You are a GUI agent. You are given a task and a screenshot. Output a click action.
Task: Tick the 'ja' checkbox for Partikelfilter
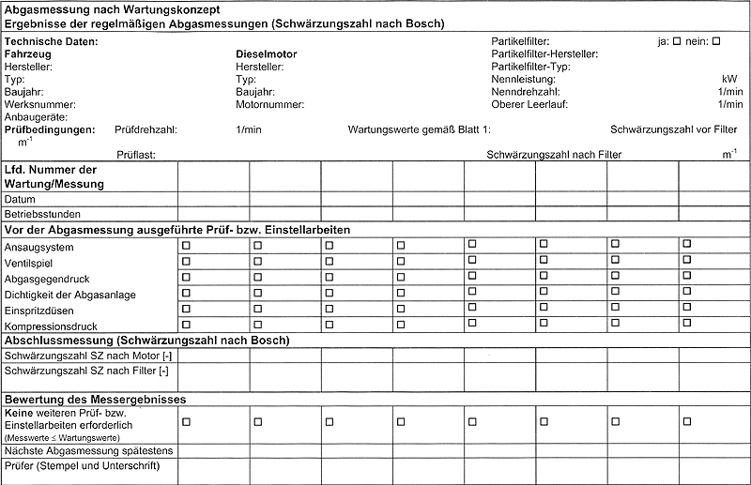(x=678, y=41)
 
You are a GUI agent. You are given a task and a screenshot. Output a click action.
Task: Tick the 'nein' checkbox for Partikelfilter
(x=716, y=41)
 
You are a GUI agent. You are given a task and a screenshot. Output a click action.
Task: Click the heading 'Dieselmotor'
(x=266, y=54)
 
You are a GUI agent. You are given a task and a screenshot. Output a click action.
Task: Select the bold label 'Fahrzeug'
(x=27, y=54)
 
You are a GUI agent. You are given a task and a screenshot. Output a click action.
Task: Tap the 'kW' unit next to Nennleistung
(x=729, y=80)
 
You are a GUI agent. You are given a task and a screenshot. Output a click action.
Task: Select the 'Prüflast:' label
(x=136, y=154)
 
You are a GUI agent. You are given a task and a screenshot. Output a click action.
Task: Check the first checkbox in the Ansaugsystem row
(x=186, y=245)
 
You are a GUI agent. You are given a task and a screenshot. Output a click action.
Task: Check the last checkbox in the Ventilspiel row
(x=687, y=260)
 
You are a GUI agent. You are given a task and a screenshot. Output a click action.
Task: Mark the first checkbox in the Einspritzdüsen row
(x=186, y=309)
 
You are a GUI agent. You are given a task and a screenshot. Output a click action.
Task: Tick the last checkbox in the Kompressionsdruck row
(x=687, y=323)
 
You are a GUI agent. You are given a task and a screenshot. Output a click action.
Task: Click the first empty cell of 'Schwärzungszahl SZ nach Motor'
(x=213, y=356)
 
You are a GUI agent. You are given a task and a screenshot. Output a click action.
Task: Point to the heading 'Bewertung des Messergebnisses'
(x=96, y=400)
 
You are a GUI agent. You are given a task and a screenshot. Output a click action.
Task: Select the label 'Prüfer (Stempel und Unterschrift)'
(x=83, y=466)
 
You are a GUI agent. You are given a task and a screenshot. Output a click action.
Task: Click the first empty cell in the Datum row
(x=213, y=200)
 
